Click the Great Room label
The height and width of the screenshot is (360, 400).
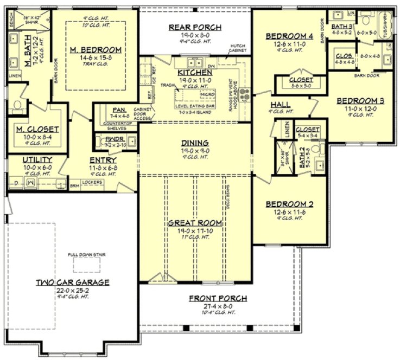tap(195, 222)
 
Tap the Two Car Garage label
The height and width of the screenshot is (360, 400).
tap(73, 282)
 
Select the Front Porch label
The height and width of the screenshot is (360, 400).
tap(218, 298)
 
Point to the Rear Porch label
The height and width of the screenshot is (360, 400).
tap(194, 28)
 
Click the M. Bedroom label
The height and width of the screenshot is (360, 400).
tap(96, 50)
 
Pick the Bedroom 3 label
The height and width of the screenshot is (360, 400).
tap(360, 101)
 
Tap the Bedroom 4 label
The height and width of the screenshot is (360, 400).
tap(289, 36)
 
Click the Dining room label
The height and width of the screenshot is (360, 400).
tap(195, 143)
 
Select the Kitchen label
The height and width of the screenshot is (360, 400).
tap(194, 72)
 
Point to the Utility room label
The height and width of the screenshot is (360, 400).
tap(37, 160)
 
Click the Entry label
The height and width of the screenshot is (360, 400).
tap(103, 160)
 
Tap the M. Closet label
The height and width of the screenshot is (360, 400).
tap(37, 130)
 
